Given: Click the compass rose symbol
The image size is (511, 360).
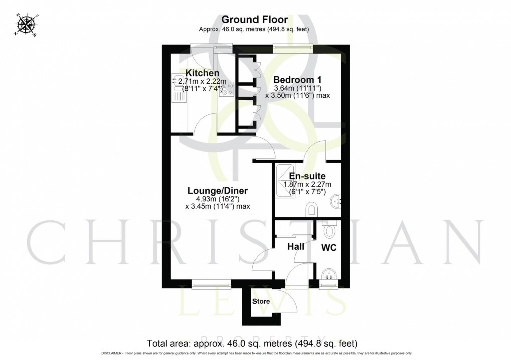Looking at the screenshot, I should [25, 25].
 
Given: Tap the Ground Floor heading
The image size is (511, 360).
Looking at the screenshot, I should [254, 20].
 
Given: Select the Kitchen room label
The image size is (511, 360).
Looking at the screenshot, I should [202, 73].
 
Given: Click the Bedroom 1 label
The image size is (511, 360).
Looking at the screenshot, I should [297, 79].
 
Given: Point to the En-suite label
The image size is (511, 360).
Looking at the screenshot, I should [307, 176].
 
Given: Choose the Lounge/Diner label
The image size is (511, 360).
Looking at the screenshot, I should [218, 191].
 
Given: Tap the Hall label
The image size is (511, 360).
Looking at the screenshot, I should [294, 246].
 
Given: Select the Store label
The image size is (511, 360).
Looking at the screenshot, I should [261, 301].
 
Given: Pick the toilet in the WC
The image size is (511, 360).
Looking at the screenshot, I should [329, 230].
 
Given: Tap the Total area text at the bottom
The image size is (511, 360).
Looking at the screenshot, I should [251, 344].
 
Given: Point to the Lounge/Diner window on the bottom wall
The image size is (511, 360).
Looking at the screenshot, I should [211, 285].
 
